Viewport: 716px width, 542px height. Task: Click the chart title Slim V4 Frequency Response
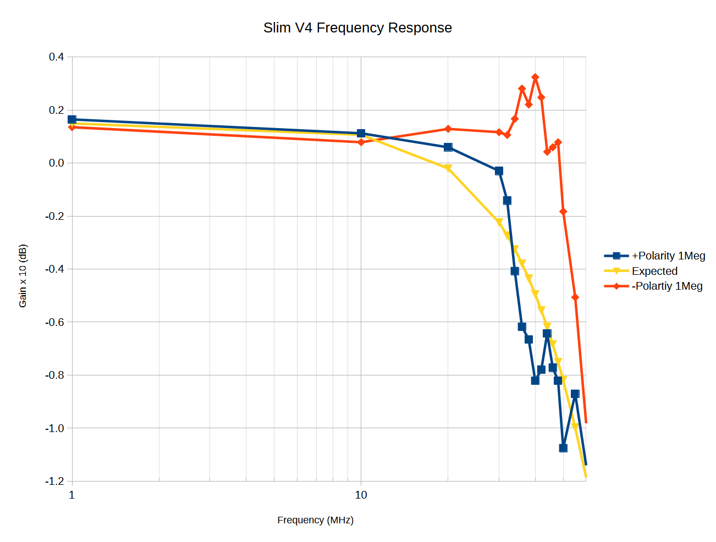coord(357,28)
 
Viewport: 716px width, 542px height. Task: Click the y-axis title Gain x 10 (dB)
coord(23,276)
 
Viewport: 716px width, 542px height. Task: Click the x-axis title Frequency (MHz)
coord(315,520)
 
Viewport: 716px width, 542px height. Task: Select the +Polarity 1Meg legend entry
coord(668,256)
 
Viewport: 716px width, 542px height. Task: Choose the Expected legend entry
coord(654,271)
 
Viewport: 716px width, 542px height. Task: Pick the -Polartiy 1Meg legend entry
coord(667,286)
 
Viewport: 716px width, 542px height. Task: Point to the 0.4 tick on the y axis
coord(56,57)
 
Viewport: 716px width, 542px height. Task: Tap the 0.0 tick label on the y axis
coord(56,163)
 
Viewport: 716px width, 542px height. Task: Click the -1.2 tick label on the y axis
coord(54,482)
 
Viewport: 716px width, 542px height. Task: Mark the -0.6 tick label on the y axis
coord(54,322)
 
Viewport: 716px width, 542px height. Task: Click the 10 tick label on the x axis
coord(361,495)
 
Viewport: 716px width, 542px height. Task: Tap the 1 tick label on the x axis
coord(72,495)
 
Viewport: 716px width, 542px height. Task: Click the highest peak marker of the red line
coord(535,78)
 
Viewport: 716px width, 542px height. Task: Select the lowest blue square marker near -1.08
coord(563,448)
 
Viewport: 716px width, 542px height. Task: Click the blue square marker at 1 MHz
coord(72,119)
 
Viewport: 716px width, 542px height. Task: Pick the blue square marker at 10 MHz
coord(361,134)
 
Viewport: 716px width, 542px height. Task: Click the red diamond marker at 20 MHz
coord(448,129)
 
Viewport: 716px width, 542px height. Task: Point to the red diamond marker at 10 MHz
coord(361,142)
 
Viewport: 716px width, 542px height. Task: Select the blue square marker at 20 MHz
coord(448,147)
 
